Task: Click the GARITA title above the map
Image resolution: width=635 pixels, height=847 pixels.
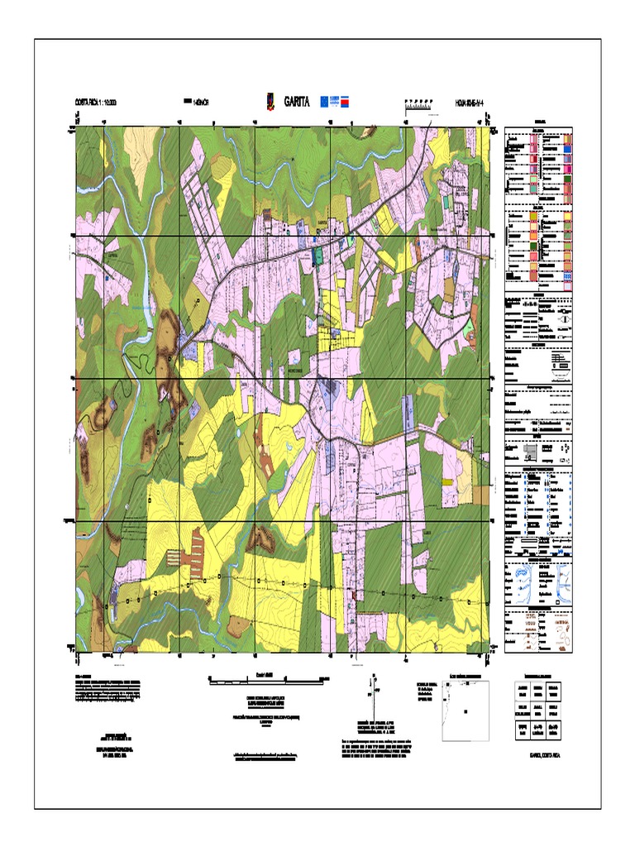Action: [297, 102]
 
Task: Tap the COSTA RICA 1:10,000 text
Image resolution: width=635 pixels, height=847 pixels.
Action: [96, 103]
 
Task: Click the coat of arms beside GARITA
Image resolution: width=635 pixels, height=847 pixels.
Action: [270, 102]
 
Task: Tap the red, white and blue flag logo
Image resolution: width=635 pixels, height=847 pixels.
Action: [349, 101]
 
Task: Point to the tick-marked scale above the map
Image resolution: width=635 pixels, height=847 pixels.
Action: [419, 102]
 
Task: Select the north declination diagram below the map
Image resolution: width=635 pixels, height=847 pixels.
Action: [373, 695]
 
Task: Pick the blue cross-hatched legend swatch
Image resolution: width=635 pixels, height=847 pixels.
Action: [567, 276]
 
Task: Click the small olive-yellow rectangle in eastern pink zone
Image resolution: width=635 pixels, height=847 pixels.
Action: [450, 290]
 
